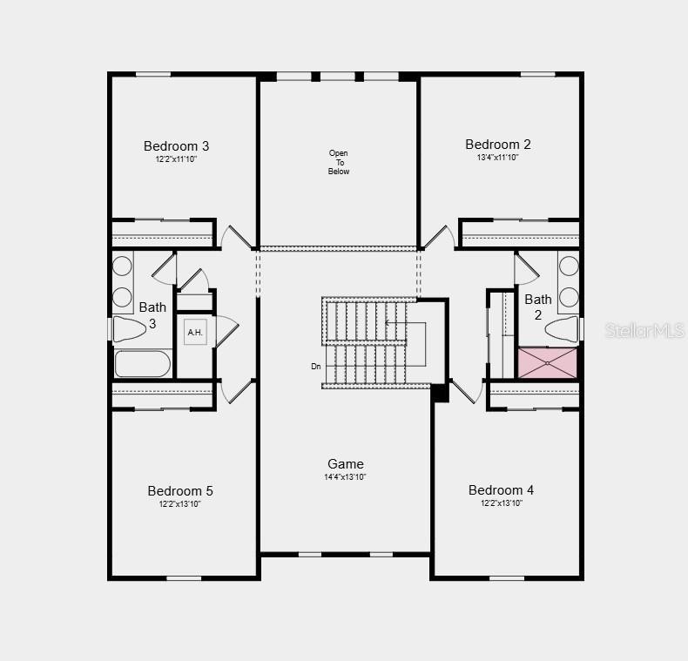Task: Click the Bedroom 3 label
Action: (x=176, y=146)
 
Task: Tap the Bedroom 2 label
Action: (x=498, y=145)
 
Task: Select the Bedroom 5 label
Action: (x=180, y=491)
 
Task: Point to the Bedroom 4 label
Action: (x=502, y=490)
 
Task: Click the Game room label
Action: (x=346, y=464)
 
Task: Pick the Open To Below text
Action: (x=339, y=163)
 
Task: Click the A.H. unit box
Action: (x=195, y=332)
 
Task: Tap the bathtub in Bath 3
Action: (x=143, y=364)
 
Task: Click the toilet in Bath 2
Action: (x=561, y=328)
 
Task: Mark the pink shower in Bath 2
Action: (x=548, y=363)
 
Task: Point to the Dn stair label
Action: (x=316, y=367)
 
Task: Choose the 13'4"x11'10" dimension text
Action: (x=498, y=158)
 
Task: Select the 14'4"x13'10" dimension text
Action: (x=346, y=477)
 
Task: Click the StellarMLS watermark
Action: (x=644, y=331)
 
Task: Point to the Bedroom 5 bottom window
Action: (x=184, y=577)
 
